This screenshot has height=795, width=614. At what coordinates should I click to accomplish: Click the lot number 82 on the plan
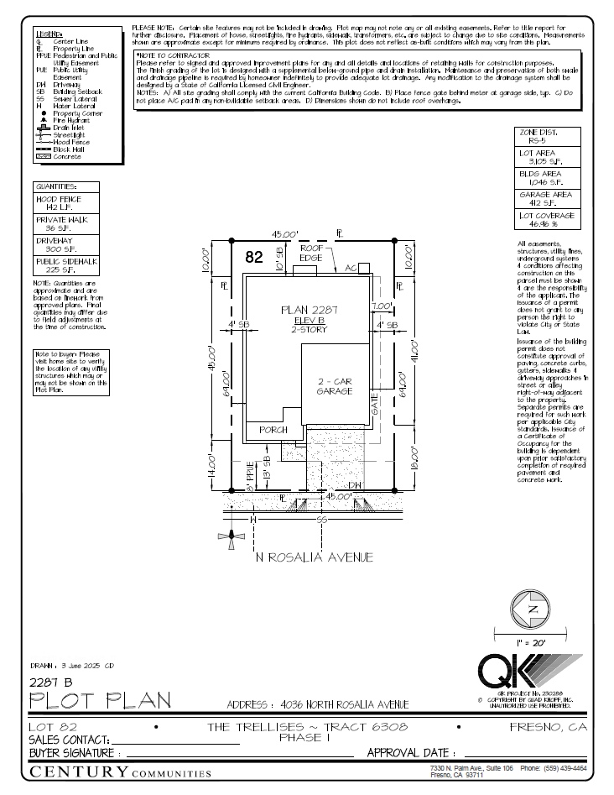pos(254,258)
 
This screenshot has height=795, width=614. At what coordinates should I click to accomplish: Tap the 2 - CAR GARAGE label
pos(334,386)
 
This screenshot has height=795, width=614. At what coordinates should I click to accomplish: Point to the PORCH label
pos(273,430)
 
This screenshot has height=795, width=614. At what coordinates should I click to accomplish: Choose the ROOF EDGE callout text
pos(312,254)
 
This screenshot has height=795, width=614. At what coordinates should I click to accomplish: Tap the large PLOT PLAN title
pos(100,700)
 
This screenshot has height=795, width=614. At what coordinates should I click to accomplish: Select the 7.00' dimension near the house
pos(382,306)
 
